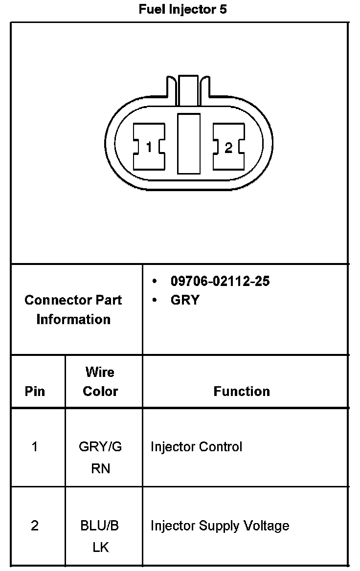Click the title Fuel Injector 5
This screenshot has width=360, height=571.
pyautogui.click(x=182, y=9)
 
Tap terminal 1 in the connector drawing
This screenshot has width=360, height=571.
pyautogui.click(x=149, y=147)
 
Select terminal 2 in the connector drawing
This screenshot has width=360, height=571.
pyautogui.click(x=228, y=147)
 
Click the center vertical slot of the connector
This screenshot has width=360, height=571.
pyautogui.click(x=188, y=143)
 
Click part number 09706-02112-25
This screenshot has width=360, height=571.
pyautogui.click(x=220, y=281)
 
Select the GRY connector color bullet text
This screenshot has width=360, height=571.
pyautogui.click(x=185, y=300)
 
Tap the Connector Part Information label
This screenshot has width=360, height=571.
pyautogui.click(x=73, y=309)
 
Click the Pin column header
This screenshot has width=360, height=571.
pyautogui.click(x=35, y=391)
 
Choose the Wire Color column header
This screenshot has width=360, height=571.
pyautogui.click(x=100, y=381)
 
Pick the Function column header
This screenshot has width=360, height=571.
pyautogui.click(x=242, y=391)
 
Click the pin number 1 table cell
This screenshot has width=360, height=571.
pyautogui.click(x=35, y=446)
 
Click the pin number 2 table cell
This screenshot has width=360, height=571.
pyautogui.click(x=35, y=526)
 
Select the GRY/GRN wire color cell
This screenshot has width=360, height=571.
pyautogui.click(x=100, y=457)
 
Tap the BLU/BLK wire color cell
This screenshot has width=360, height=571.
pyautogui.click(x=100, y=536)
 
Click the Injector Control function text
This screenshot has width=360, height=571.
pyautogui.click(x=196, y=446)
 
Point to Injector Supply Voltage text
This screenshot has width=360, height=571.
pyautogui.click(x=220, y=526)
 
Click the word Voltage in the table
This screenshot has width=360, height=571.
pyautogui.click(x=269, y=526)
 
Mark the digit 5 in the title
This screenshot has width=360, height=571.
pyautogui.click(x=223, y=9)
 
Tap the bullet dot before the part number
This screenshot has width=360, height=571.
pyautogui.click(x=155, y=281)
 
